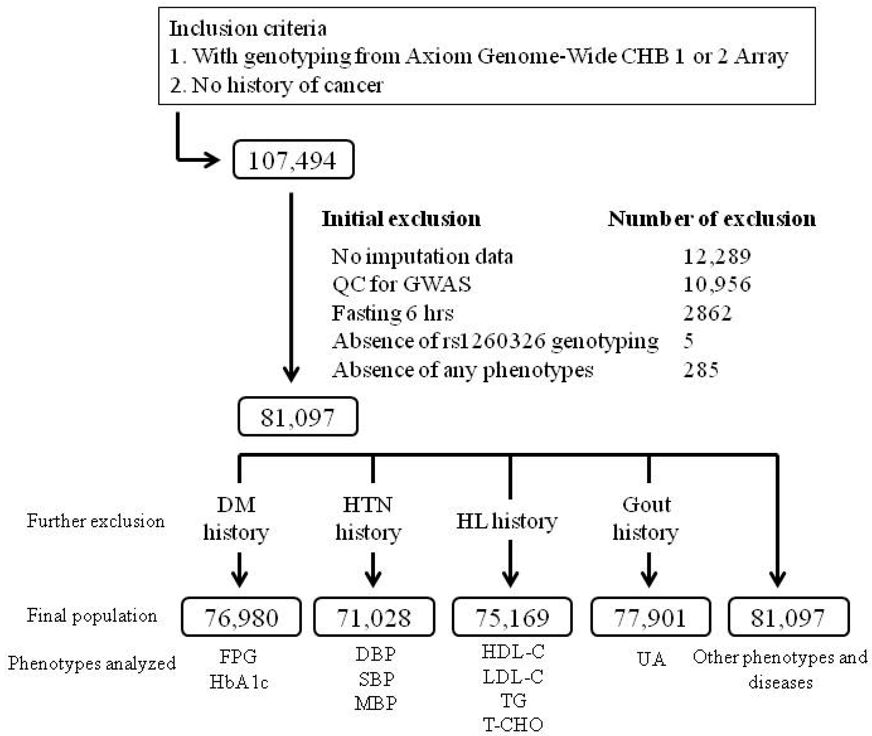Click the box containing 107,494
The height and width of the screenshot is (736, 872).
click(x=293, y=160)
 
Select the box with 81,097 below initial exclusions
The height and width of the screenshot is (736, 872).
click(x=297, y=417)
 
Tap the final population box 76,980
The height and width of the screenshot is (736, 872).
click(x=241, y=617)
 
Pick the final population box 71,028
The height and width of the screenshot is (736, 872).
click(x=374, y=617)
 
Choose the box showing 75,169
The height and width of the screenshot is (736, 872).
click(x=512, y=617)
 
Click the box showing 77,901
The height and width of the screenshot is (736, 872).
click(x=650, y=617)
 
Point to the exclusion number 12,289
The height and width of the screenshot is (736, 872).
click(x=716, y=256)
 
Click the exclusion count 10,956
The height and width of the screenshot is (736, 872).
click(x=716, y=284)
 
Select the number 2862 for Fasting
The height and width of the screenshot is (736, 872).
click(x=707, y=313)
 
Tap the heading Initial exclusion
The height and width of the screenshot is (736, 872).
click(x=401, y=219)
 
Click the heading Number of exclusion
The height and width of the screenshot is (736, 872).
click(x=711, y=219)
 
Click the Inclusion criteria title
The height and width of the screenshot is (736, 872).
click(x=247, y=28)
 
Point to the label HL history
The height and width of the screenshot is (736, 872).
click(x=506, y=521)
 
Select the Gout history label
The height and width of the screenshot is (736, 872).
click(x=646, y=518)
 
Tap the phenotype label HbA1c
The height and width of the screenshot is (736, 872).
click(x=239, y=682)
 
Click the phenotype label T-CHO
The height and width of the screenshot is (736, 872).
click(x=513, y=724)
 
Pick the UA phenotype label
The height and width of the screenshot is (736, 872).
click(x=651, y=659)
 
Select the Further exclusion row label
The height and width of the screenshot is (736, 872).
click(x=96, y=521)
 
